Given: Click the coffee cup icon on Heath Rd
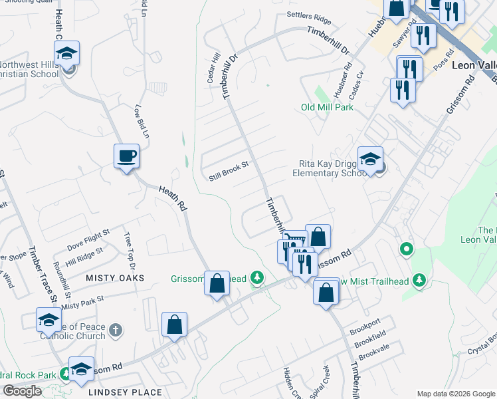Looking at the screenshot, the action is coord(126,157).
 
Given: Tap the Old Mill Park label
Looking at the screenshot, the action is coord(326,107).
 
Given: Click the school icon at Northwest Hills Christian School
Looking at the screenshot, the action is coord(66,54).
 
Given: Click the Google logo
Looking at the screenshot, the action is coord(22,391).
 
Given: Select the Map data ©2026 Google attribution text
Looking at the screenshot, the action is coord(455,394).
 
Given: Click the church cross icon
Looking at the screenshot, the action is coord(115,329).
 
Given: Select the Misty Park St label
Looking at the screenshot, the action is coord(83,303).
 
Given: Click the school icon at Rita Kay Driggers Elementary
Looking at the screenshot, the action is coord(370,160).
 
